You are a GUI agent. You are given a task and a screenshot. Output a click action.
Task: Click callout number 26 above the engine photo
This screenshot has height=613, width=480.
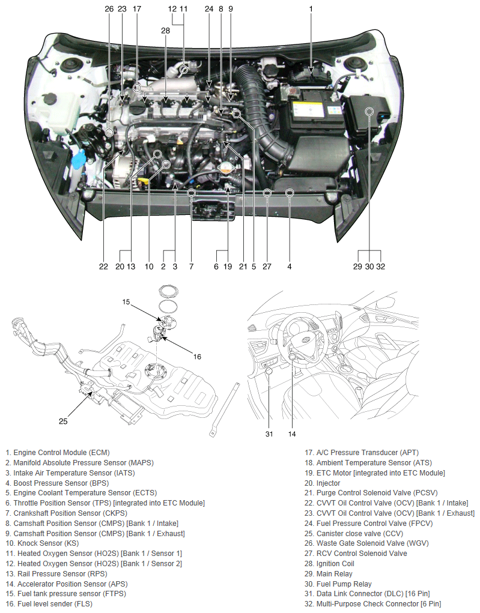109,9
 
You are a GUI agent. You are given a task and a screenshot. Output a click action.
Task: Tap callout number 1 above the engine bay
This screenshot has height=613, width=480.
311,9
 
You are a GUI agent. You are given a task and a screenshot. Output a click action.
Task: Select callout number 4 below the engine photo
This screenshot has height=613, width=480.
290,267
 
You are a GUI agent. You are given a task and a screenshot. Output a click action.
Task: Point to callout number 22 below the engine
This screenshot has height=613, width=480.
104,267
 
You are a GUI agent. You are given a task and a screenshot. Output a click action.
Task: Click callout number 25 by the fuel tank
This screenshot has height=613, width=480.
63,421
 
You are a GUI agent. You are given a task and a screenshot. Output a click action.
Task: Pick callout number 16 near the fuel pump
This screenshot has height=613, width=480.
197,356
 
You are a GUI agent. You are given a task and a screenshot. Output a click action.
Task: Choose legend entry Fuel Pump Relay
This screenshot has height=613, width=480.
344,584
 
